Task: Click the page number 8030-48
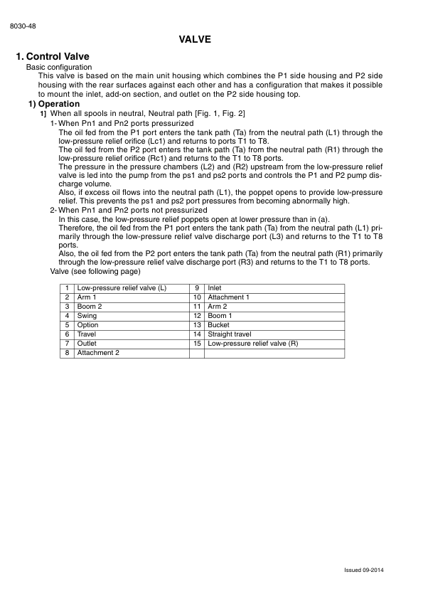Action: pos(23,26)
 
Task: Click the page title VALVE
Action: pos(196,40)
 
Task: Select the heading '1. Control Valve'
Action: pos(57,57)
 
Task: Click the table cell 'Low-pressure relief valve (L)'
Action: pos(122,288)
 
